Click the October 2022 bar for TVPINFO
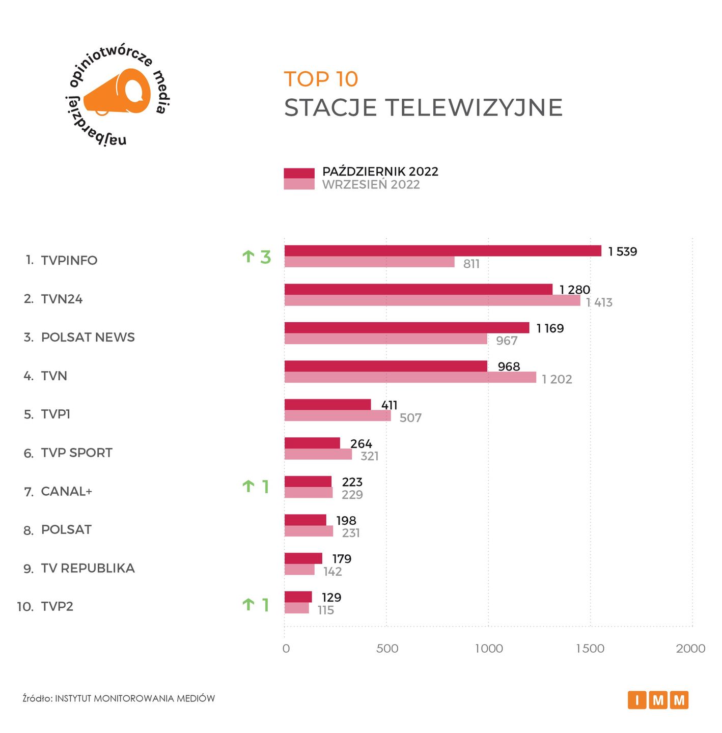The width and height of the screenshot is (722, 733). [x=442, y=251]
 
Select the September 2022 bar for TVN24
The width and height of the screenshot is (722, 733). [x=432, y=301]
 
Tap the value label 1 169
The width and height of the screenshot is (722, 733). [x=550, y=328]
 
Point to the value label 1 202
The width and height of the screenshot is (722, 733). [x=557, y=380]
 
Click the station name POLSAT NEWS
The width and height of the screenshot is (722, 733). [x=88, y=337]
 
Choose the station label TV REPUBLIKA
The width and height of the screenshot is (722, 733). [x=88, y=568]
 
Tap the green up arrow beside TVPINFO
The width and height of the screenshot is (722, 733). [x=248, y=257]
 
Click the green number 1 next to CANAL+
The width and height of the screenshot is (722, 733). [x=265, y=487]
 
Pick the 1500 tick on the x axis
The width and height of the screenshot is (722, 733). [x=590, y=649]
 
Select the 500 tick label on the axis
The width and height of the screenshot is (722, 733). [x=387, y=649]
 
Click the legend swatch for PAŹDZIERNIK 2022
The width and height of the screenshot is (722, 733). [x=299, y=173]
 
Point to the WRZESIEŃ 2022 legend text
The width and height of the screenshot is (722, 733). [x=371, y=185]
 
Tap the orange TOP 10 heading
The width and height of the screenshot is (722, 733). [x=321, y=79]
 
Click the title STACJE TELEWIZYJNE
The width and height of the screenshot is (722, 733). [x=423, y=108]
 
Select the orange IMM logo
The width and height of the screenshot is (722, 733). [x=658, y=700]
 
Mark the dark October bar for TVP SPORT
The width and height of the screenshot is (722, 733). [x=312, y=443]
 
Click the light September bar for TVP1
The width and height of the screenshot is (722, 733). [x=338, y=416]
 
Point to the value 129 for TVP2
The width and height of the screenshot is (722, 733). [x=331, y=598]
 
